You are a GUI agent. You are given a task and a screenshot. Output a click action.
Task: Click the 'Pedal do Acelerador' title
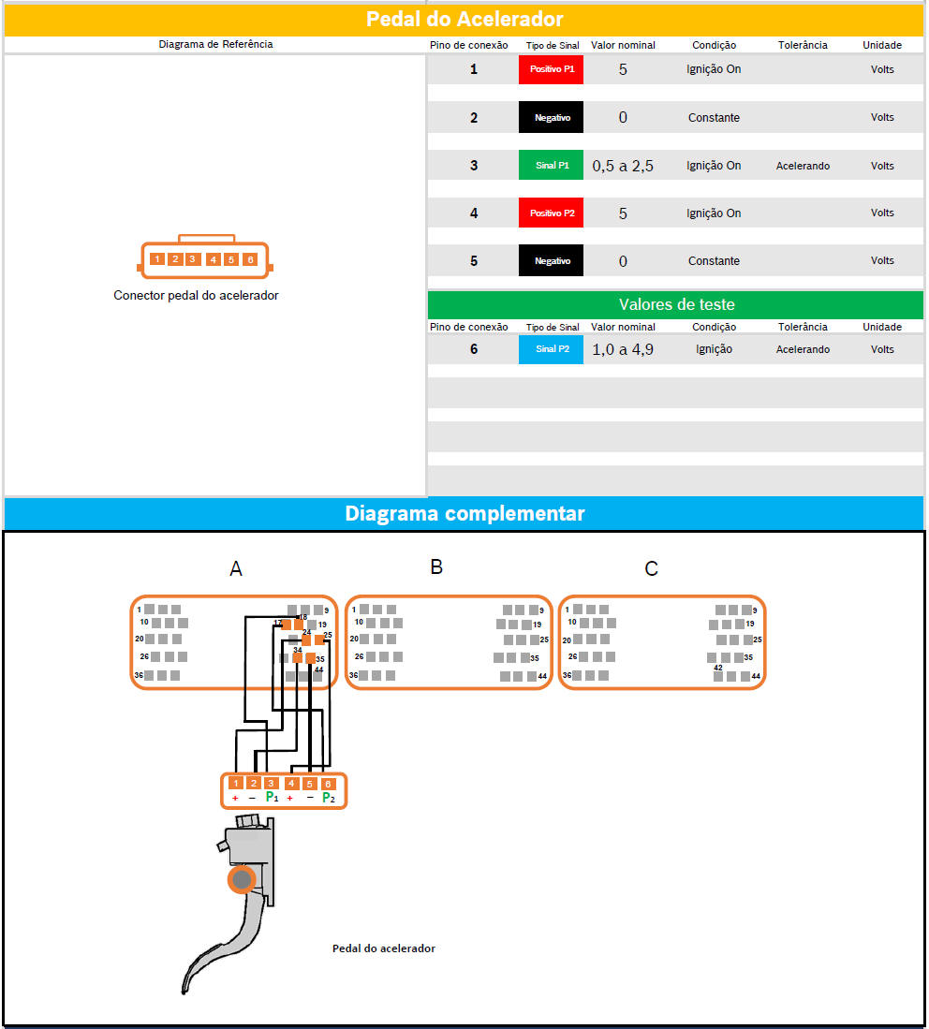464,19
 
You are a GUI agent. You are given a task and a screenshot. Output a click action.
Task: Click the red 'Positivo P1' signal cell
551,69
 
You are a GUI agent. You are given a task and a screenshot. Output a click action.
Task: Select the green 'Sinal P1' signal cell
551,166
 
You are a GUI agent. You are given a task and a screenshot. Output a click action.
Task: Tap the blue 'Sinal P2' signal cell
551,349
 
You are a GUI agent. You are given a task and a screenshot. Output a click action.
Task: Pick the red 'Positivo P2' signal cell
551,213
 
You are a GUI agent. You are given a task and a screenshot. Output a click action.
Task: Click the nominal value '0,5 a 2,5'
623,166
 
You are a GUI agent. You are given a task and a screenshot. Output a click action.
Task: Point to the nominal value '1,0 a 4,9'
623,349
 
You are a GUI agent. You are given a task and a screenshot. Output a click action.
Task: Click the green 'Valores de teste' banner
676,304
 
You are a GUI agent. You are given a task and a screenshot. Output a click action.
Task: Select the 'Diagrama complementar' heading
464,513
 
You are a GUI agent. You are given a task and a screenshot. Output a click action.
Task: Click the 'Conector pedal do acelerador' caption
196,295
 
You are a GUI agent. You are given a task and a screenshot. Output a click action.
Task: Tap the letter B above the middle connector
436,566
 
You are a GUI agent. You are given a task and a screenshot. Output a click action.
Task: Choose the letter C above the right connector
652,568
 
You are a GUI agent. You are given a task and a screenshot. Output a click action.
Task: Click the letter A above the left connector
236,568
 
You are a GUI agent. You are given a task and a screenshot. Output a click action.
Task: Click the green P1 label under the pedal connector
272,798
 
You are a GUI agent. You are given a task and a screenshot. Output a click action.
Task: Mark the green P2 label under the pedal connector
328,798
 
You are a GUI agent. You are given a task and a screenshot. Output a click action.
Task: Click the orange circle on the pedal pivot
242,879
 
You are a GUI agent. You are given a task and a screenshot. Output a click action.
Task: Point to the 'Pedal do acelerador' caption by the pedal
383,948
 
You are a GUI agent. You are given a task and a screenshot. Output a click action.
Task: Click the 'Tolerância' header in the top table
803,45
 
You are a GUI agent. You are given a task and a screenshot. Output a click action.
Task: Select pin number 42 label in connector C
718,668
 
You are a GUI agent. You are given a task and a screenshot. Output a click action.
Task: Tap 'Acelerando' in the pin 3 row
803,166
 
